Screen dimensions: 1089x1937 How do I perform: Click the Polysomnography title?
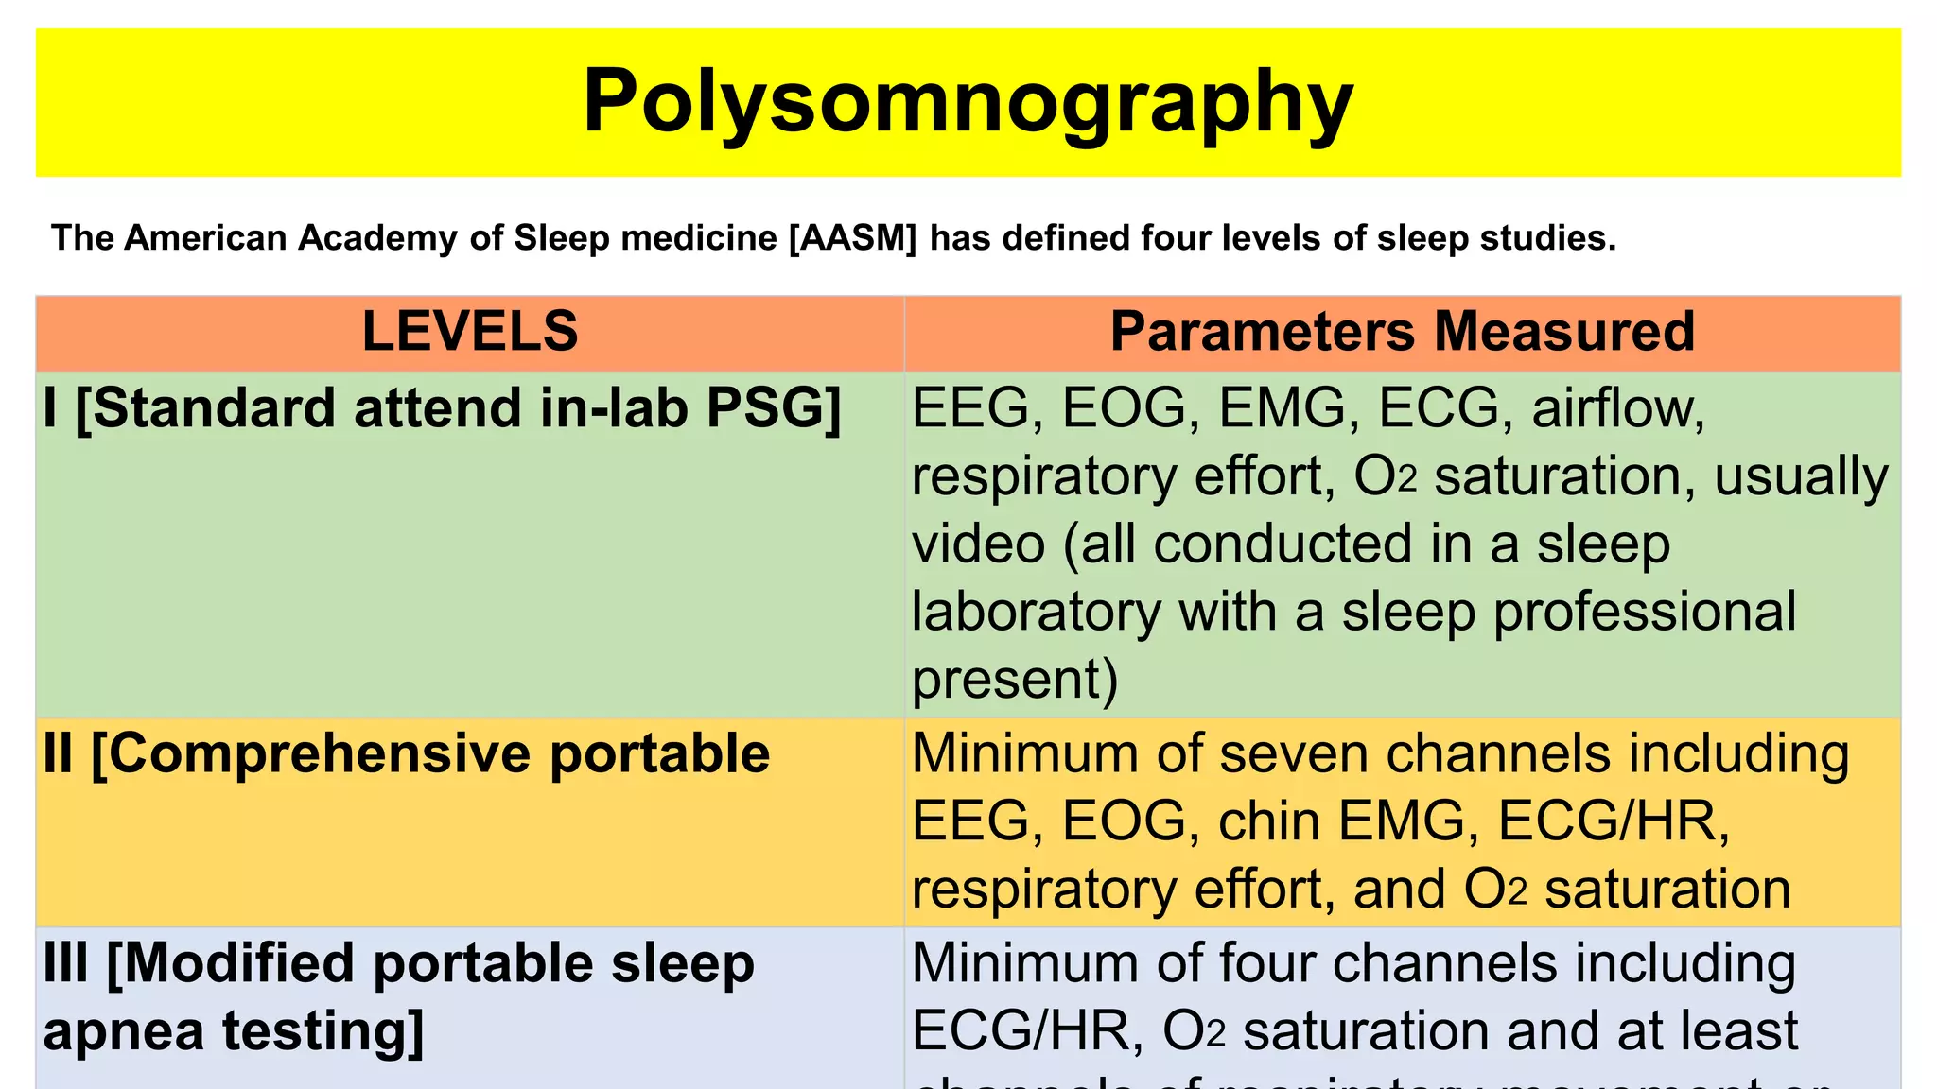(968, 102)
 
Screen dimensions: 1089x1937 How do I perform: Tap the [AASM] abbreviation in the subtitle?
(852, 237)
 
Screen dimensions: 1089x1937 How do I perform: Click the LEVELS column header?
(469, 332)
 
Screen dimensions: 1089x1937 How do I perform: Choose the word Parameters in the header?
(1263, 332)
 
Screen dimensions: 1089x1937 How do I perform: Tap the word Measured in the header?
(1564, 332)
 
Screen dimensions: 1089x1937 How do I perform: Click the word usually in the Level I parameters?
(1801, 475)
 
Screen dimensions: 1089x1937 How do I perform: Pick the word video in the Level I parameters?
(978, 544)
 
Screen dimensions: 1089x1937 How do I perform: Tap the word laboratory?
(1036, 613)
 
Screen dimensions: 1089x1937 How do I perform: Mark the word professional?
(1644, 613)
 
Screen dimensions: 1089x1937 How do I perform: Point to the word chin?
(1269, 821)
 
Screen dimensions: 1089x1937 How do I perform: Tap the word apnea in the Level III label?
(124, 1030)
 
